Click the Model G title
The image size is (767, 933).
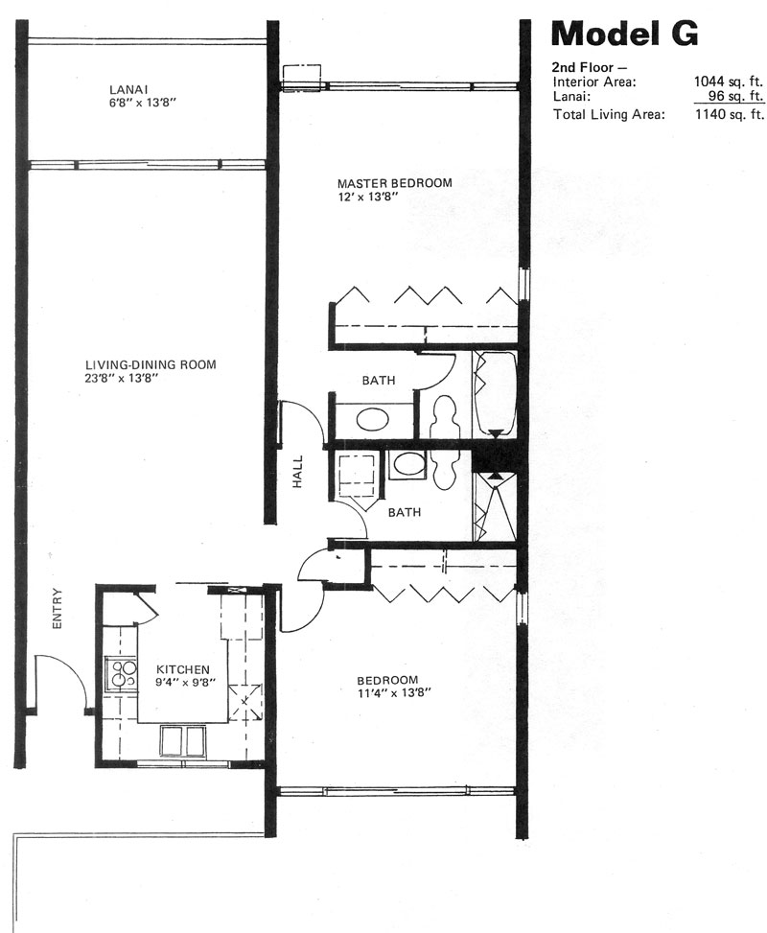625,34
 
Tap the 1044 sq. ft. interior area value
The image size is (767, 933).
729,82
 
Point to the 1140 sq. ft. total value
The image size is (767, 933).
730,114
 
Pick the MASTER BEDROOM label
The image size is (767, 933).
394,183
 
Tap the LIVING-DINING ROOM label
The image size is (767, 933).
151,364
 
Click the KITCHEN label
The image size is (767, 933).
183,670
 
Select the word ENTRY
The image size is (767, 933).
58,608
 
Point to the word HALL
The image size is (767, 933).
297,472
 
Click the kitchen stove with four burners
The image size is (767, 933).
121,673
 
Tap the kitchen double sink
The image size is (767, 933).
183,740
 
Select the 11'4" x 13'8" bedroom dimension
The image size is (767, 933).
393,692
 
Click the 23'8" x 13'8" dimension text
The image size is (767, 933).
122,378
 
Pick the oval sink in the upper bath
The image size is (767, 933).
373,420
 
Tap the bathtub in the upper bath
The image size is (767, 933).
495,393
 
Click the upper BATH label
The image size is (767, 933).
379,381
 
